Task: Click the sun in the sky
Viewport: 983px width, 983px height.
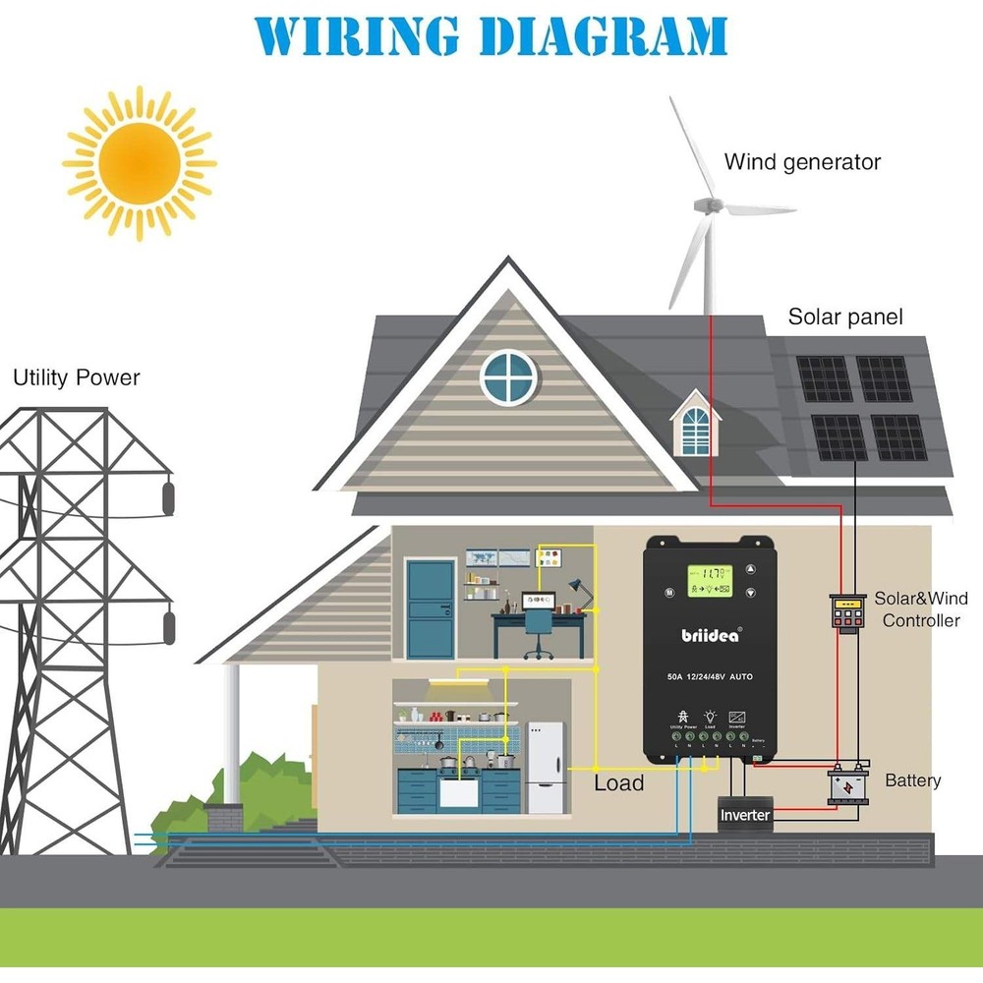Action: tap(140, 162)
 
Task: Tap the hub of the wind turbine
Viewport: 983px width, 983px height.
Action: tap(704, 206)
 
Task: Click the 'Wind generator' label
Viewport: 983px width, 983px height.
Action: tap(802, 162)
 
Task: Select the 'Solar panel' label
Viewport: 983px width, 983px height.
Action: tap(844, 318)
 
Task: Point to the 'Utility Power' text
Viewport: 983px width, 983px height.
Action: tap(77, 377)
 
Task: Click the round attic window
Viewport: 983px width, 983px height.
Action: tap(509, 376)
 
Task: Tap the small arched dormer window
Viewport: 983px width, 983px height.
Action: tap(695, 429)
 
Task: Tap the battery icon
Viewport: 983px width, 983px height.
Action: tap(847, 786)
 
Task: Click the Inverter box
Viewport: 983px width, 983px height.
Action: tap(745, 815)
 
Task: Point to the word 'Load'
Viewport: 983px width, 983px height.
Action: tap(618, 783)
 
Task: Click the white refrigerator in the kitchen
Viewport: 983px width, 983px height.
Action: tap(546, 767)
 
